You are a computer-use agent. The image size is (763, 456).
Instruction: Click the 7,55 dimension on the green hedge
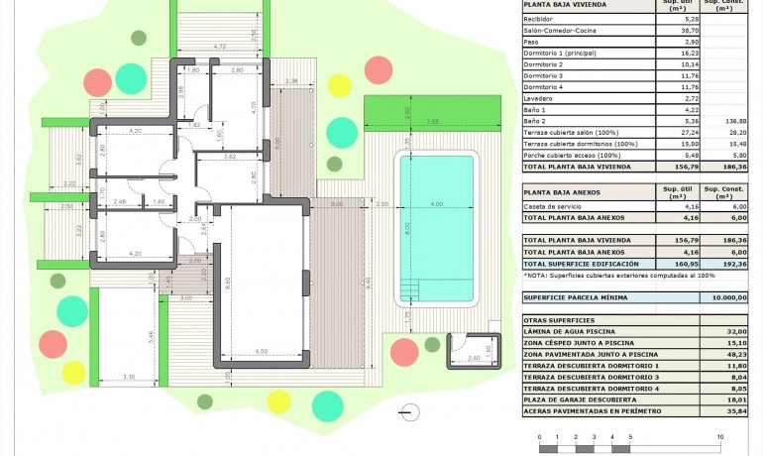[433, 121]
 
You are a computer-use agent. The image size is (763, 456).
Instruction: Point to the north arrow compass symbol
[405, 410]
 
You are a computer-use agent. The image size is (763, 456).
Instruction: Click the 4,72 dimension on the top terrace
[220, 47]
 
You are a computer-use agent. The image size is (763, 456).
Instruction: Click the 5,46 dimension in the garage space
[152, 337]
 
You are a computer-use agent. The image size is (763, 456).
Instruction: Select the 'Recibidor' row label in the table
[541, 19]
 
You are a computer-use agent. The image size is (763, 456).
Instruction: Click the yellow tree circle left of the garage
[74, 372]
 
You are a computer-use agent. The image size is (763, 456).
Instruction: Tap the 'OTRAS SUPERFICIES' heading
[559, 320]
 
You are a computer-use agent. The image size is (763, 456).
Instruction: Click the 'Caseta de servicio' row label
[551, 205]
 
